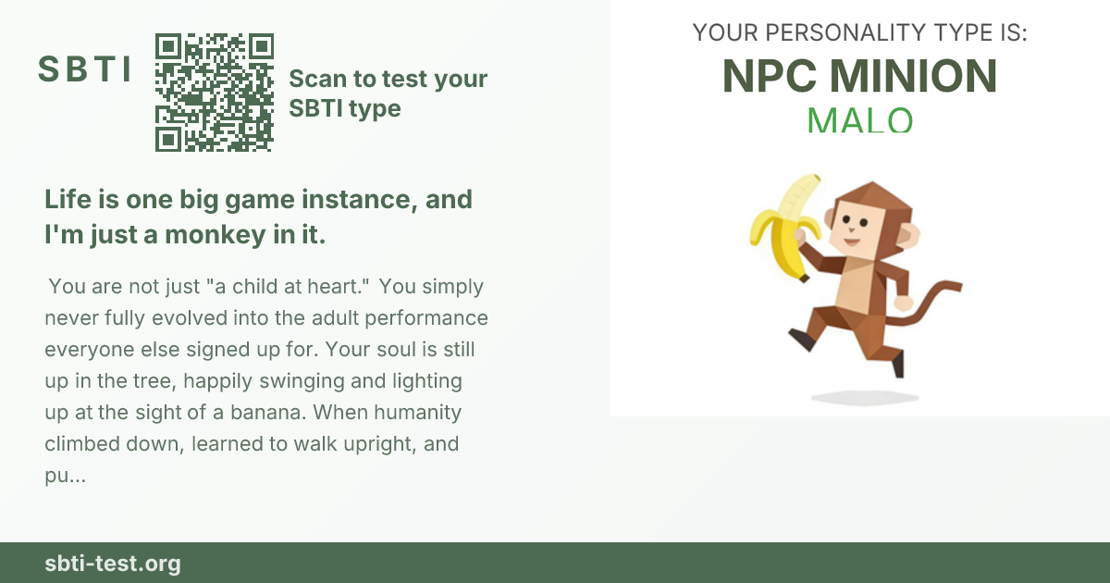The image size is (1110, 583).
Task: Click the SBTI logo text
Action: point(84,68)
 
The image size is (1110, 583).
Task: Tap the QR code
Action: point(215,93)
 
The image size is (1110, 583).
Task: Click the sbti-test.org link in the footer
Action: point(113,564)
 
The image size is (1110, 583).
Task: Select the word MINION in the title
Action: point(913,76)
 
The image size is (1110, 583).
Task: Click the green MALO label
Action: point(859,120)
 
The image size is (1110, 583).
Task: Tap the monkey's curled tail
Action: point(924,303)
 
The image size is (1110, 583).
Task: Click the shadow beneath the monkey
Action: point(865,398)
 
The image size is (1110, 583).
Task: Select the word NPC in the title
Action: point(769,76)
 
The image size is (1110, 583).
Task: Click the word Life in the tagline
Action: point(68,199)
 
